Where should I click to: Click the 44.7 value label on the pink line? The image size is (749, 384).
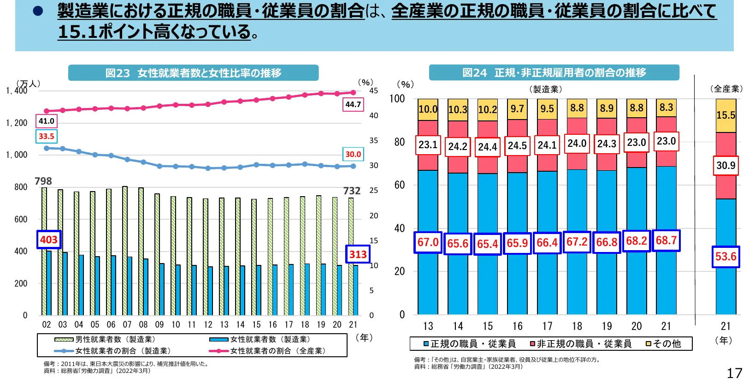point(353,104)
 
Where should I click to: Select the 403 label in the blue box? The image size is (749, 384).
point(49,240)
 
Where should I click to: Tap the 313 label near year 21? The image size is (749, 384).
point(358,254)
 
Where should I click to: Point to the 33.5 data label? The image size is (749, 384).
point(46,136)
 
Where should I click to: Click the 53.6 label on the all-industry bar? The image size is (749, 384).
point(725,257)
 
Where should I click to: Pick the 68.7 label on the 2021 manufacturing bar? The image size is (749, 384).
point(666,240)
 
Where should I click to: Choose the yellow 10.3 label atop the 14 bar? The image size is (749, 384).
point(458,110)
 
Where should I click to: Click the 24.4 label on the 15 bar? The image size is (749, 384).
point(487,147)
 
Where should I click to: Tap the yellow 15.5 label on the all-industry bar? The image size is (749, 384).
point(725,115)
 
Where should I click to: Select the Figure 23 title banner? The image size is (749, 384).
point(193,73)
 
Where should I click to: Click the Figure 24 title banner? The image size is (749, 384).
point(554,72)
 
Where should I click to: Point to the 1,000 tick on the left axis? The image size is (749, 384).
point(17,155)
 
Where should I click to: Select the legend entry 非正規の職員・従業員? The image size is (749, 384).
point(581,344)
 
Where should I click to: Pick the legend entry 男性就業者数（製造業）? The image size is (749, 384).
point(111,339)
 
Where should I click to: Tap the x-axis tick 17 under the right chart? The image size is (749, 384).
point(547,326)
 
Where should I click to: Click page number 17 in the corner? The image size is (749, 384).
point(734,373)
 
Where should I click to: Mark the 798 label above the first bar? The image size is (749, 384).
point(43,181)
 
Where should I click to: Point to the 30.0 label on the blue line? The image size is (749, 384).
point(353,154)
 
